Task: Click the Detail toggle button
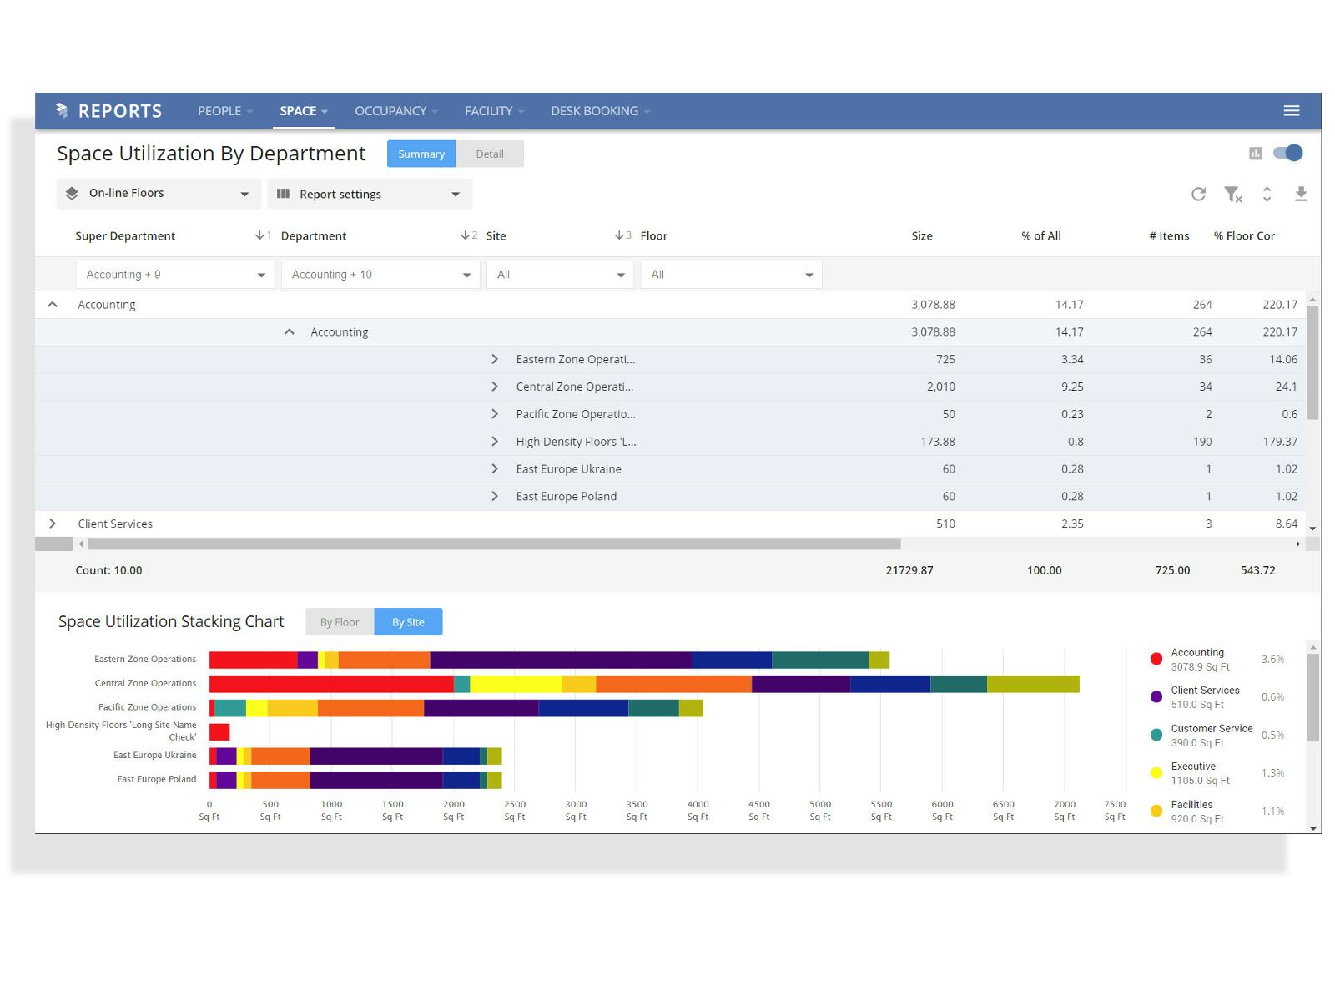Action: click(490, 154)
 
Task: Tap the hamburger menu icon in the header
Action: click(1291, 111)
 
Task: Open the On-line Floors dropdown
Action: click(159, 194)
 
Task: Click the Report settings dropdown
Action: click(370, 195)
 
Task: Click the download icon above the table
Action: click(1300, 195)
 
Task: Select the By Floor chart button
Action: click(340, 622)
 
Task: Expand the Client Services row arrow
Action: click(53, 524)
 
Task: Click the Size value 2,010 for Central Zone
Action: click(940, 387)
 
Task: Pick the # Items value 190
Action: click(1201, 442)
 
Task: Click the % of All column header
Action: click(1040, 236)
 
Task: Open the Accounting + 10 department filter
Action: click(380, 275)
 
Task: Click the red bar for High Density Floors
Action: click(219, 732)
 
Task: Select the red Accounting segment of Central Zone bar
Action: click(330, 685)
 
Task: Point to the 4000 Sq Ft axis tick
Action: click(698, 810)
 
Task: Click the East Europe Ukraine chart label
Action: click(155, 756)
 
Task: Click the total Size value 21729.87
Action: click(909, 570)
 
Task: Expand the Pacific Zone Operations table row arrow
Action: click(495, 414)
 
